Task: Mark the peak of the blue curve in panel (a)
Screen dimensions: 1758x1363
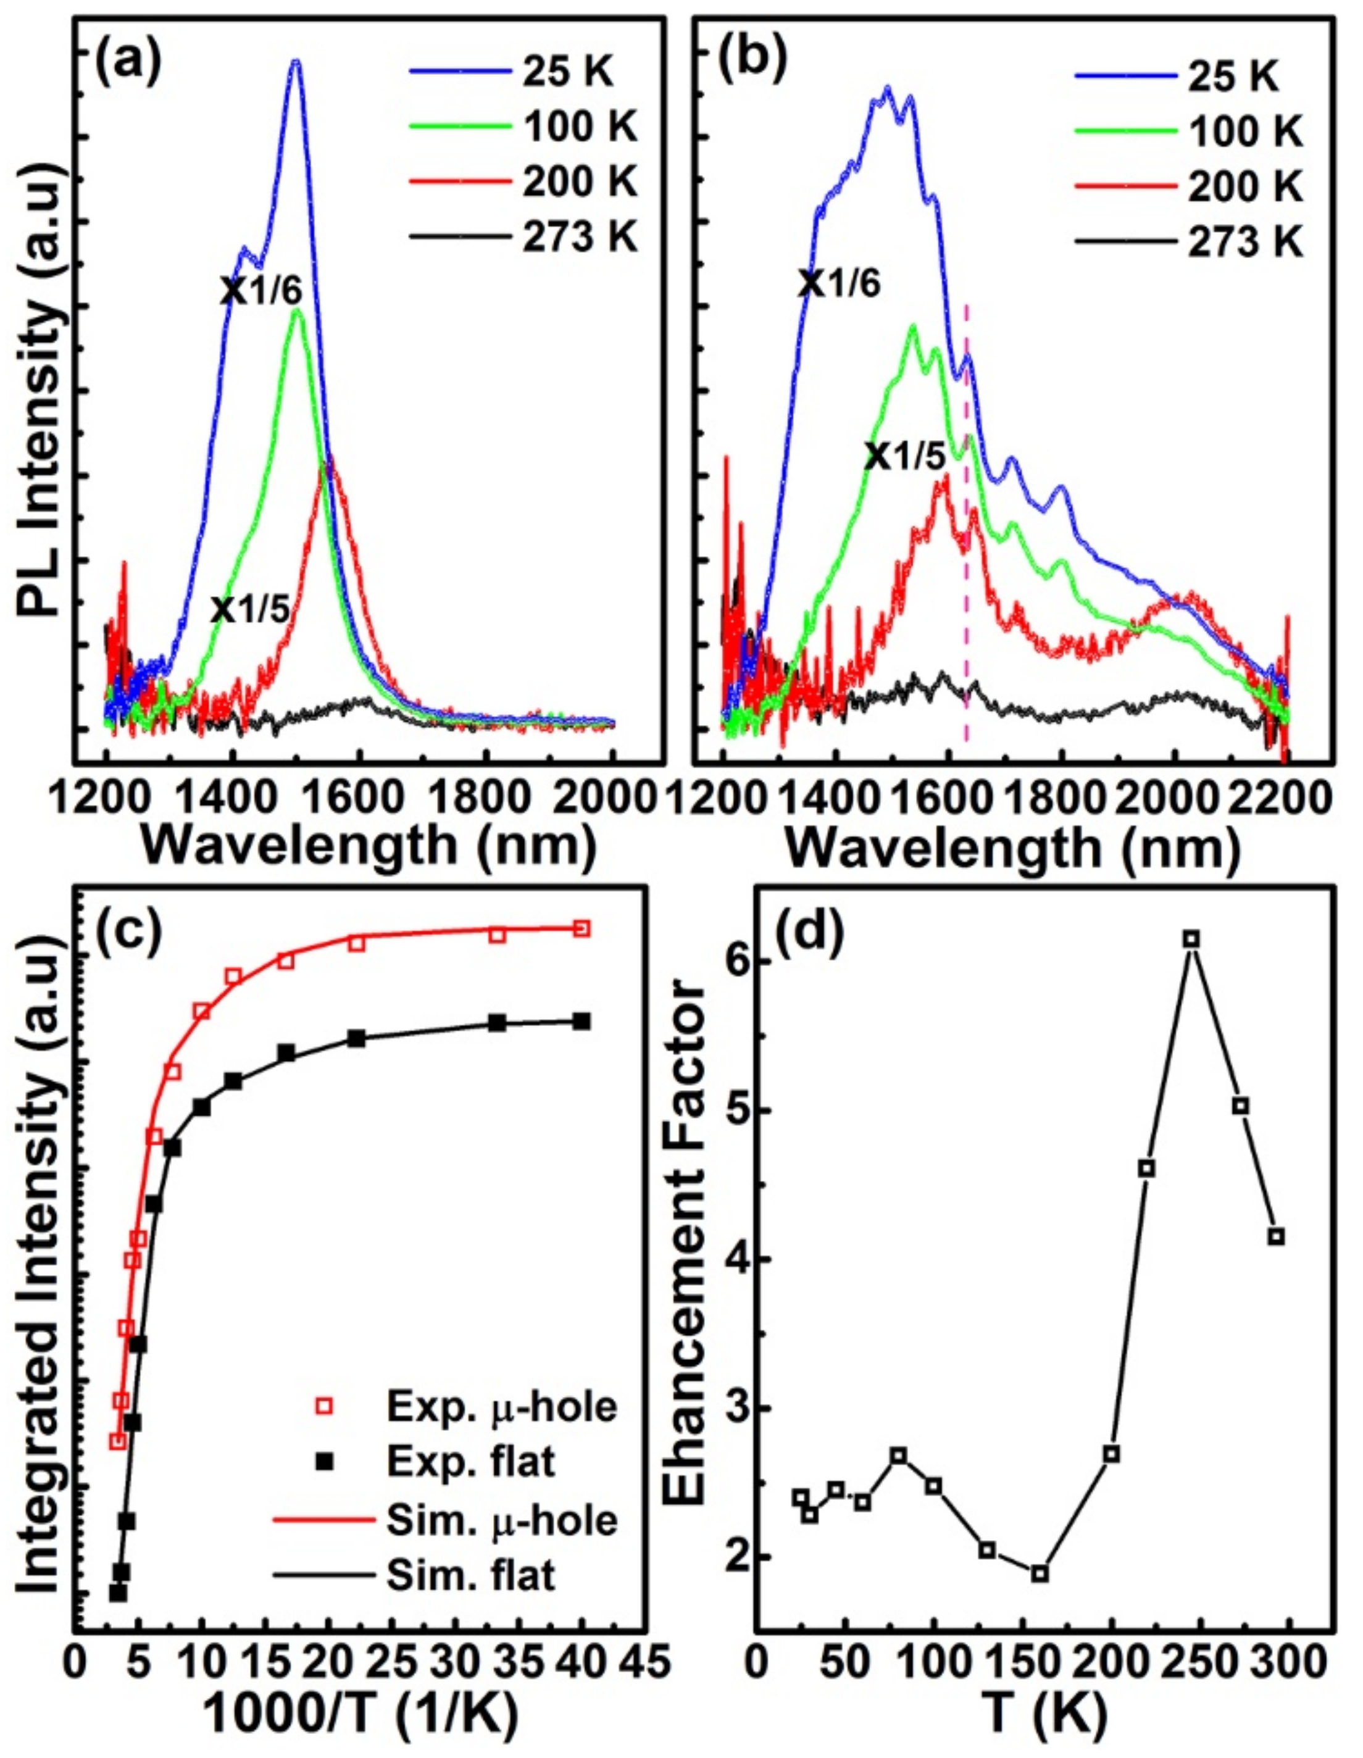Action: coord(296,62)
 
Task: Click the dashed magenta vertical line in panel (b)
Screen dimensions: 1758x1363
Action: coord(966,564)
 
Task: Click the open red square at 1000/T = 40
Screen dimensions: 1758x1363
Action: coord(582,928)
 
